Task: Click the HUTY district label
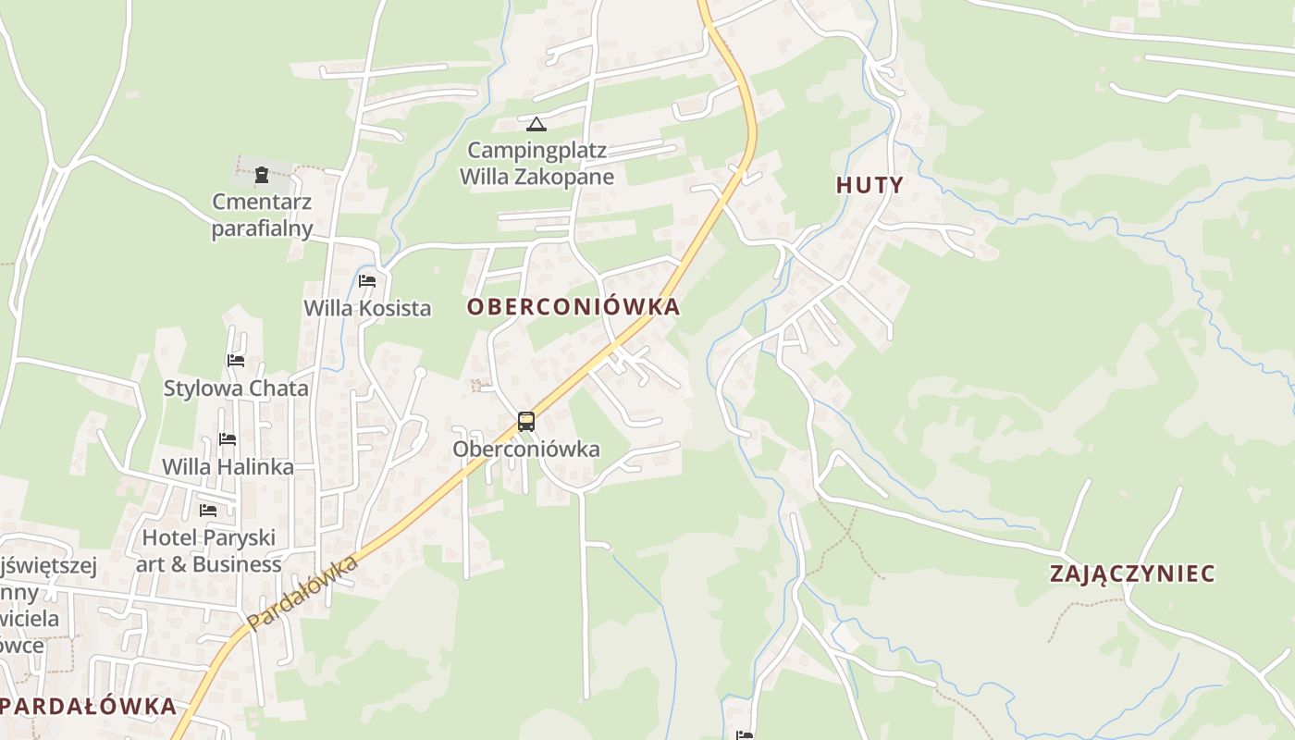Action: [869, 185]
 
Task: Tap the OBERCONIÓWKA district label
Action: [573, 307]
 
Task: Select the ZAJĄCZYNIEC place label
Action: [1132, 573]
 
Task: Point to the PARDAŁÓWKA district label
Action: [89, 706]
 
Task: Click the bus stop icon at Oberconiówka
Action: [526, 422]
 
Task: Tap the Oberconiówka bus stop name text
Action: [525, 450]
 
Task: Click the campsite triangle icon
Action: [536, 124]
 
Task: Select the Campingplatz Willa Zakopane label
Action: [536, 164]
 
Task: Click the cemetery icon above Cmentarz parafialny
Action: [262, 173]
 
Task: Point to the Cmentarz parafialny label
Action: [262, 215]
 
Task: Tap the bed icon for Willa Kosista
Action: [367, 281]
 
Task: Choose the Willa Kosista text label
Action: [367, 308]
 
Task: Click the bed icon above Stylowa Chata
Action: [236, 361]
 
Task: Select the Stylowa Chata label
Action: [236, 388]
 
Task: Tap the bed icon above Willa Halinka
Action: [228, 439]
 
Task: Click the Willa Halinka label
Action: [228, 467]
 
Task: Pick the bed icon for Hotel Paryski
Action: [208, 510]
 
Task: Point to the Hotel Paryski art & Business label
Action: [208, 550]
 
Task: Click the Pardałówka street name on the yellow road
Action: [302, 594]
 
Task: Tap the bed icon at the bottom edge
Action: [745, 735]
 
